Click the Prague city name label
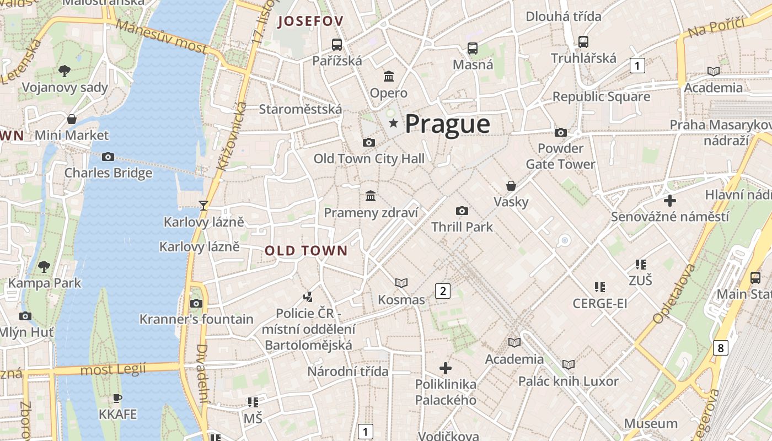click(447, 124)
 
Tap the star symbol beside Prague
click(393, 123)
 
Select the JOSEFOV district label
click(310, 21)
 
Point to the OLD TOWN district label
click(306, 251)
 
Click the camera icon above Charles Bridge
click(108, 157)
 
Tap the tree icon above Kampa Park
click(44, 267)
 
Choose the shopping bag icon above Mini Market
click(72, 119)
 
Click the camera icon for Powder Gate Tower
click(561, 132)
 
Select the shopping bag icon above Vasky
click(511, 186)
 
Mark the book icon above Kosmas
click(401, 283)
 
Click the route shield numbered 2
click(442, 291)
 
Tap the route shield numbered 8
click(720, 348)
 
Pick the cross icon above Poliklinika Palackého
click(446, 368)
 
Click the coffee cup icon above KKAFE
click(117, 398)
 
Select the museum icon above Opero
click(389, 76)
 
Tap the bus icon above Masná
click(473, 49)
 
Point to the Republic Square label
click(601, 97)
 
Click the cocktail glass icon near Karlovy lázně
click(203, 206)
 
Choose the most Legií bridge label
click(113, 369)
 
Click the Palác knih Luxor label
click(568, 381)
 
